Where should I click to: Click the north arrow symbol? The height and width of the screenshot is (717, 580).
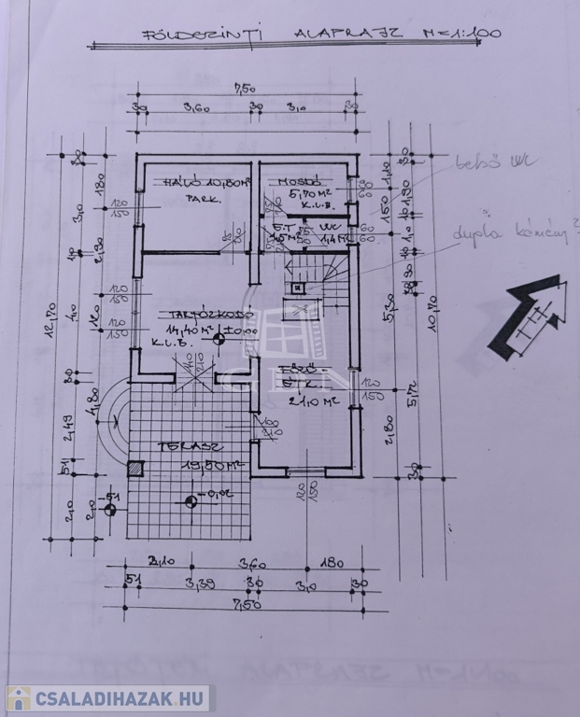(x=528, y=317)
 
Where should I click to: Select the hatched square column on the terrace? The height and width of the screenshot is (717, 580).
(x=136, y=469)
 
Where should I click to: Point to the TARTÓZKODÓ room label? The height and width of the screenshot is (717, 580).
(x=197, y=316)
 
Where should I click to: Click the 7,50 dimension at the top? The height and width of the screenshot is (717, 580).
(x=242, y=90)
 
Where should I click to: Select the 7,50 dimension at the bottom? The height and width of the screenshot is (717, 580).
(x=242, y=605)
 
